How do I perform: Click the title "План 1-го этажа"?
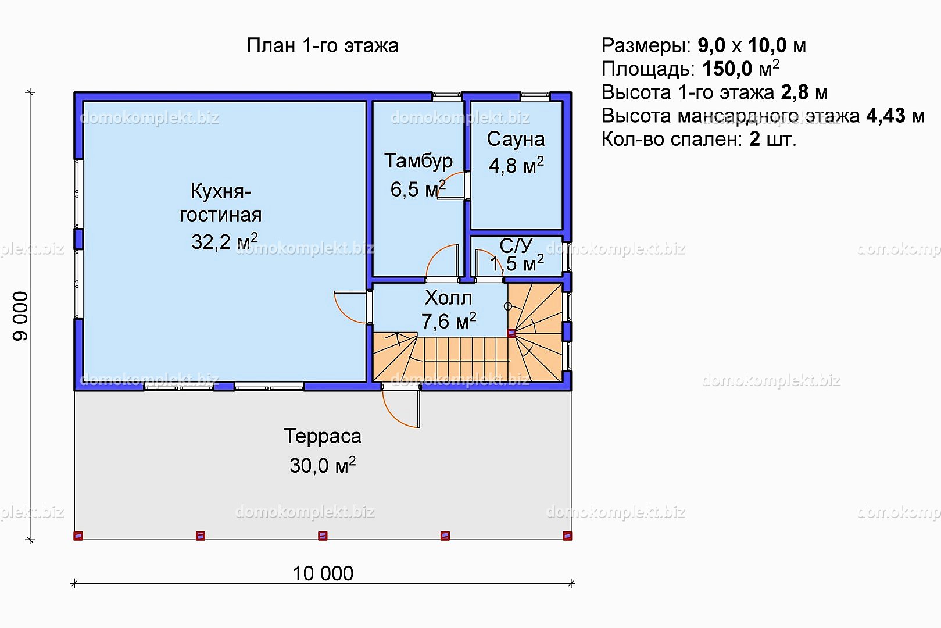click(322, 45)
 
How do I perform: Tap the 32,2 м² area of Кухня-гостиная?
click(224, 241)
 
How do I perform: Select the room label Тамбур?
click(418, 161)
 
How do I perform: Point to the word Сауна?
click(516, 139)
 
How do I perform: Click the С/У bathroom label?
click(516, 245)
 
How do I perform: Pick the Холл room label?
click(448, 298)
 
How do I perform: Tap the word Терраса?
click(322, 436)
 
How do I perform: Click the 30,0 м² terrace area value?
click(322, 465)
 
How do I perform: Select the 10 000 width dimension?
click(323, 574)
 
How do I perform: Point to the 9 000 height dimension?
click(20, 316)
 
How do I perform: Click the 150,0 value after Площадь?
click(727, 69)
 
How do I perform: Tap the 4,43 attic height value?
click(886, 116)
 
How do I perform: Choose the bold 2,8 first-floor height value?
click(795, 92)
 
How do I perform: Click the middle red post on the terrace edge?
click(323, 536)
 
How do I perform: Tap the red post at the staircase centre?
click(511, 333)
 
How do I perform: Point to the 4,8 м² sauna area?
click(516, 165)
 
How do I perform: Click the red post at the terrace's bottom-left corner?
click(78, 536)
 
